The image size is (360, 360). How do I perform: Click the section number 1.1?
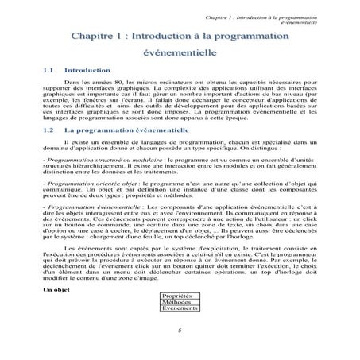point(48,70)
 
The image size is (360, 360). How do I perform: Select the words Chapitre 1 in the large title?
point(98,36)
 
